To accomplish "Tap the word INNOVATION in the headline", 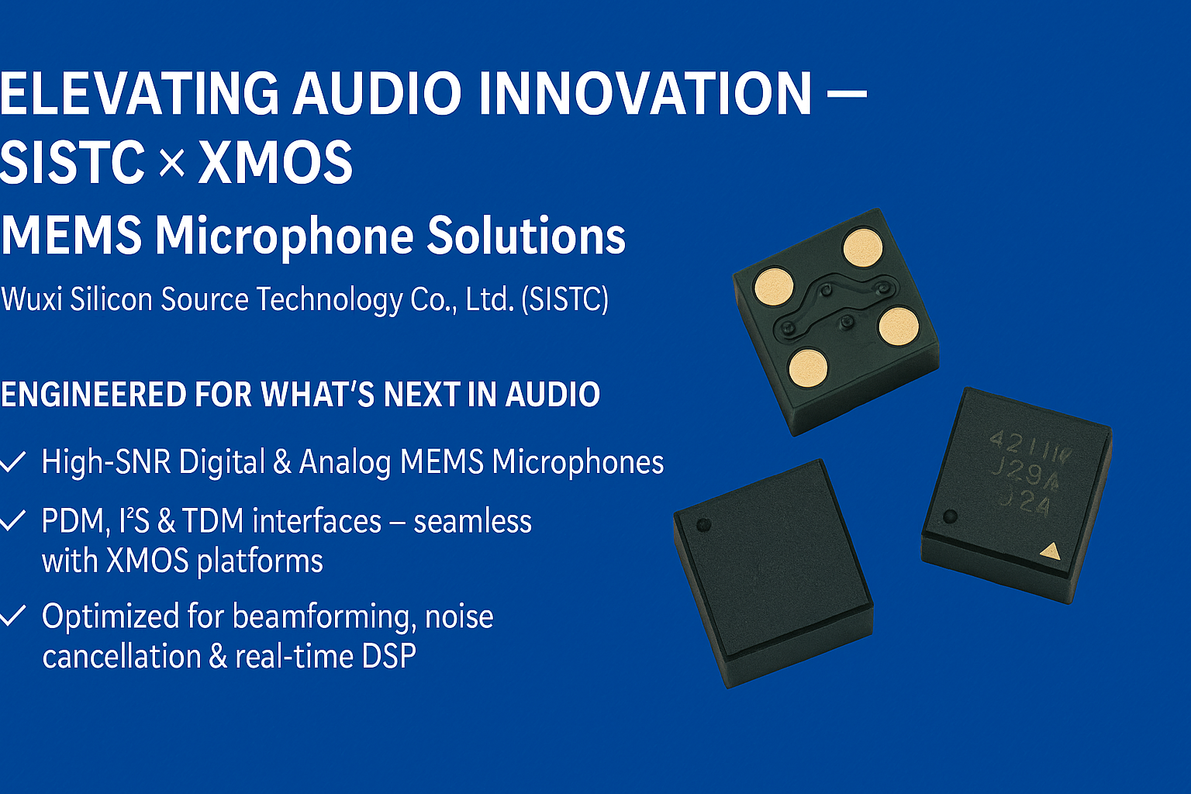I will tap(644, 94).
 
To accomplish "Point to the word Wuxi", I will tap(32, 299).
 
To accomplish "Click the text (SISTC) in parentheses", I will tap(564, 299).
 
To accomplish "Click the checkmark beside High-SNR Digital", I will tap(12, 463).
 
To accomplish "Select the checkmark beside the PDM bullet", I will tap(12, 521).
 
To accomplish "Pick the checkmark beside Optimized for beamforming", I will tap(12, 617).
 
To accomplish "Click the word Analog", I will tap(345, 462).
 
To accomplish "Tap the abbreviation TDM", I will tap(213, 521).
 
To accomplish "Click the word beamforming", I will tap(322, 617).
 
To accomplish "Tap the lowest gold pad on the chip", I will tap(808, 367).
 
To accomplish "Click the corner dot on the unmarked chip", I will tap(703, 525).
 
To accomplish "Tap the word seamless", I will tap(472, 521).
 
